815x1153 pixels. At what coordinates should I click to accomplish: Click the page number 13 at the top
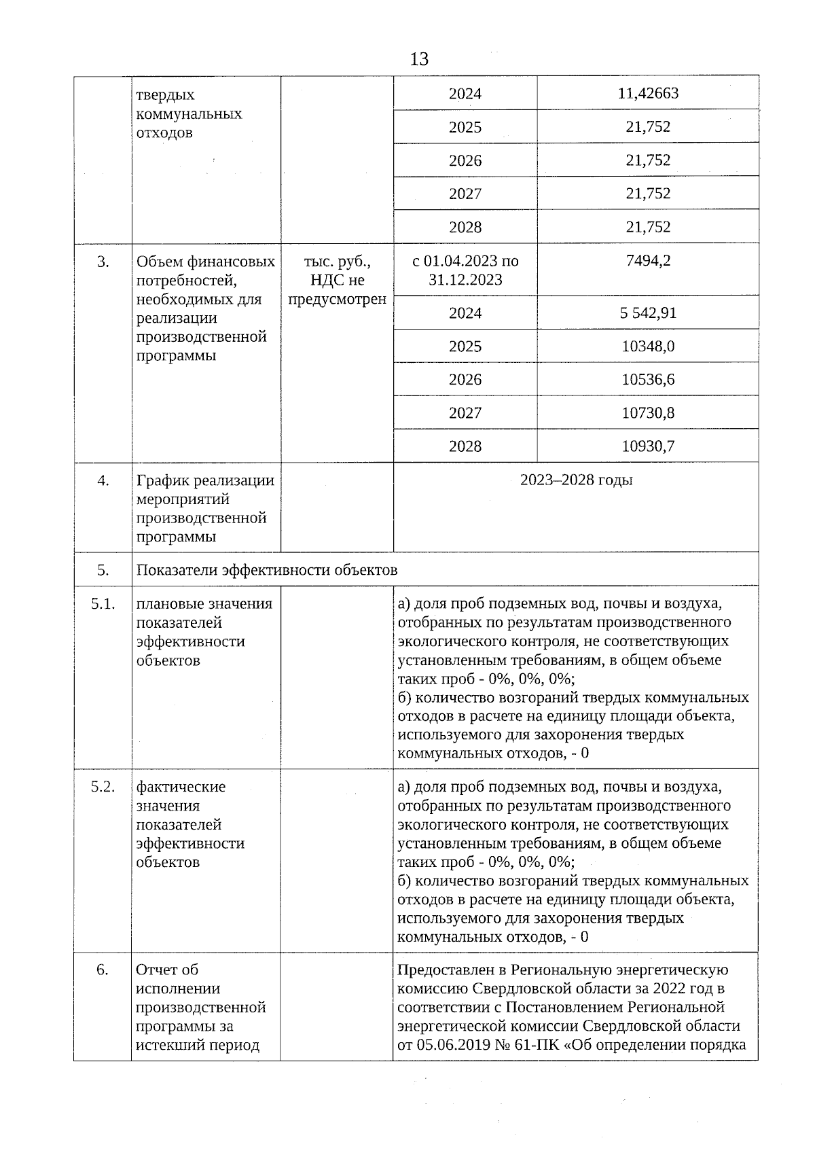(419, 59)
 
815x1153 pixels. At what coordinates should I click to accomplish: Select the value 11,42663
(648, 93)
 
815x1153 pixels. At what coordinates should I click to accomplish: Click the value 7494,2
(648, 261)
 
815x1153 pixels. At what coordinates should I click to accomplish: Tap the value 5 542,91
(648, 313)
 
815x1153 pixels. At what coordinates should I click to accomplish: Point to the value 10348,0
(648, 347)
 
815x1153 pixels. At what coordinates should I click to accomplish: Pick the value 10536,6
(648, 380)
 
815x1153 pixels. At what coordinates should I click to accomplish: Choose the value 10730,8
(648, 413)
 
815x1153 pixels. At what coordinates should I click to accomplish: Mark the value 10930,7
(648, 446)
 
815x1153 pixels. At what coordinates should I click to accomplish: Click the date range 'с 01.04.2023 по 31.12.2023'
(465, 270)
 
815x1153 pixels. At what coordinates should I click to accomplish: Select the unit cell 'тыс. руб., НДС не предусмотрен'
(337, 280)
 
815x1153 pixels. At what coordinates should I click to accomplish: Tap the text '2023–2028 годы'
(576, 480)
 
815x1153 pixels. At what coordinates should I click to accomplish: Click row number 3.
(103, 262)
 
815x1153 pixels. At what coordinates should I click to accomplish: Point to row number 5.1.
(103, 604)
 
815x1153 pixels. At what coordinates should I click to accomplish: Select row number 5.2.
(103, 787)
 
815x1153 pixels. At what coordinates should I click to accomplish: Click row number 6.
(103, 970)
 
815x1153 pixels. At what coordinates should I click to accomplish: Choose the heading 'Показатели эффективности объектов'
(267, 570)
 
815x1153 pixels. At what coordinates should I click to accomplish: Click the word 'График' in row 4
(162, 481)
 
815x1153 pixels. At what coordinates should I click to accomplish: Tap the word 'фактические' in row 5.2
(181, 787)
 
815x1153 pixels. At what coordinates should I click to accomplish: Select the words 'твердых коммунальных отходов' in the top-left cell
(189, 113)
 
